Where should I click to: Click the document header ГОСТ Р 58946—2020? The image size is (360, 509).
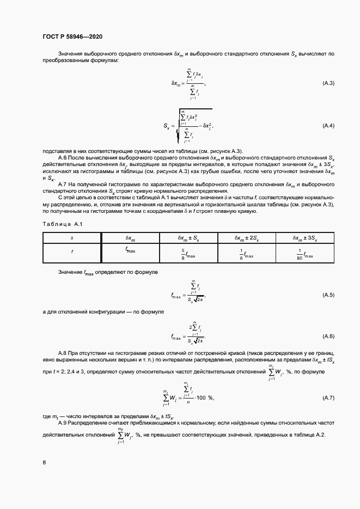pos(72,37)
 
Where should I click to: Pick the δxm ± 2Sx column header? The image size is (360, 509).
pos(247,238)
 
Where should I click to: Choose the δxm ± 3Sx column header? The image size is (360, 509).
pos(305,238)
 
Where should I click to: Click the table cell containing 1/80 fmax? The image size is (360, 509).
pos(305,254)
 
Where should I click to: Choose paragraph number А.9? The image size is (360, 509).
pos(63,423)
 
